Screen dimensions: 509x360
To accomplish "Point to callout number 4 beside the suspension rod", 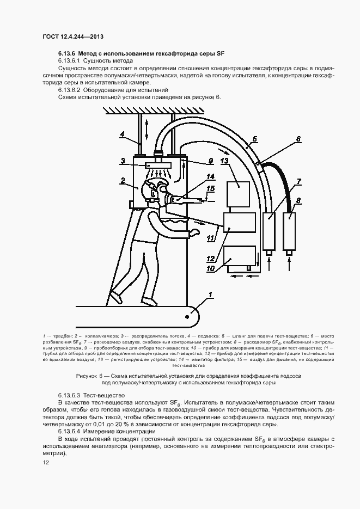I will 123,133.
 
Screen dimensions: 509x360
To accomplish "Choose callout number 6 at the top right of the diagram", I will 298,139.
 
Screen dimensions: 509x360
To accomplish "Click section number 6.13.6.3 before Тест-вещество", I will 69,394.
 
